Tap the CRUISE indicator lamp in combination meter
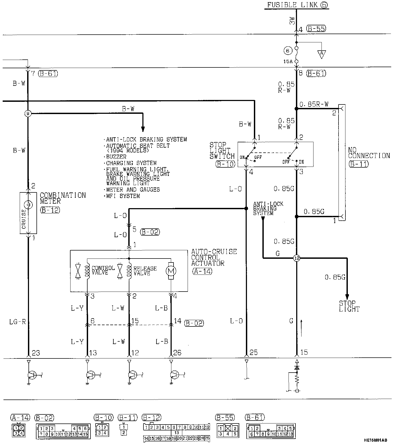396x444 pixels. click(28, 205)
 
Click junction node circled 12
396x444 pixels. click(296, 258)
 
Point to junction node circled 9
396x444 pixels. click(28, 114)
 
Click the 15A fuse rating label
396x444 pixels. click(288, 62)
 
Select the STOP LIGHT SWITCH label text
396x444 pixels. click(222, 151)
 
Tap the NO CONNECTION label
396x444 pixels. click(369, 153)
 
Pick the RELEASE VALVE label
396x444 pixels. click(145, 271)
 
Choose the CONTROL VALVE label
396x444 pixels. click(103, 270)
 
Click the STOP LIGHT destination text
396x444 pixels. click(349, 306)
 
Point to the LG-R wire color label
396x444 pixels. click(18, 322)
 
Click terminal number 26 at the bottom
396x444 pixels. click(177, 353)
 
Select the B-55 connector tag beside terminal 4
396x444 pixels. click(316, 29)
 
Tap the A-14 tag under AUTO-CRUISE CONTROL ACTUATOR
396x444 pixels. click(202, 271)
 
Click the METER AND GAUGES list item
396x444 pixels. click(133, 190)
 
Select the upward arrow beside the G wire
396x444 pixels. click(302, 328)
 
